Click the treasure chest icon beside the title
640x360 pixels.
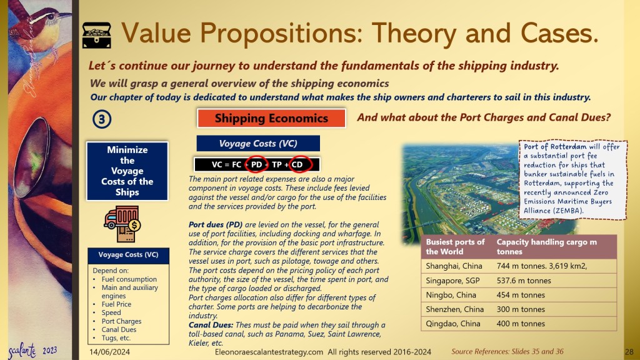click(x=97, y=35)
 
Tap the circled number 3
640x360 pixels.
click(x=102, y=119)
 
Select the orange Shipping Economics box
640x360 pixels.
click(x=271, y=118)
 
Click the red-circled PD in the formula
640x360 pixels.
click(x=256, y=164)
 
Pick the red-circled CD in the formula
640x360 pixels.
click(x=297, y=164)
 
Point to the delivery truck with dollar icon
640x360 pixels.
click(x=122, y=224)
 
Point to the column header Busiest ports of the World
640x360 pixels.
click(x=456, y=246)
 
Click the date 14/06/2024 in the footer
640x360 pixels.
click(x=110, y=352)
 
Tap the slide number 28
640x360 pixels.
click(x=629, y=352)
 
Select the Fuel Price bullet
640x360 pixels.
click(x=116, y=304)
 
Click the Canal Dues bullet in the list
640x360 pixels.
click(x=119, y=329)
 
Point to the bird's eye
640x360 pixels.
click(x=51, y=17)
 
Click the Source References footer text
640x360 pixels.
click(x=507, y=351)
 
